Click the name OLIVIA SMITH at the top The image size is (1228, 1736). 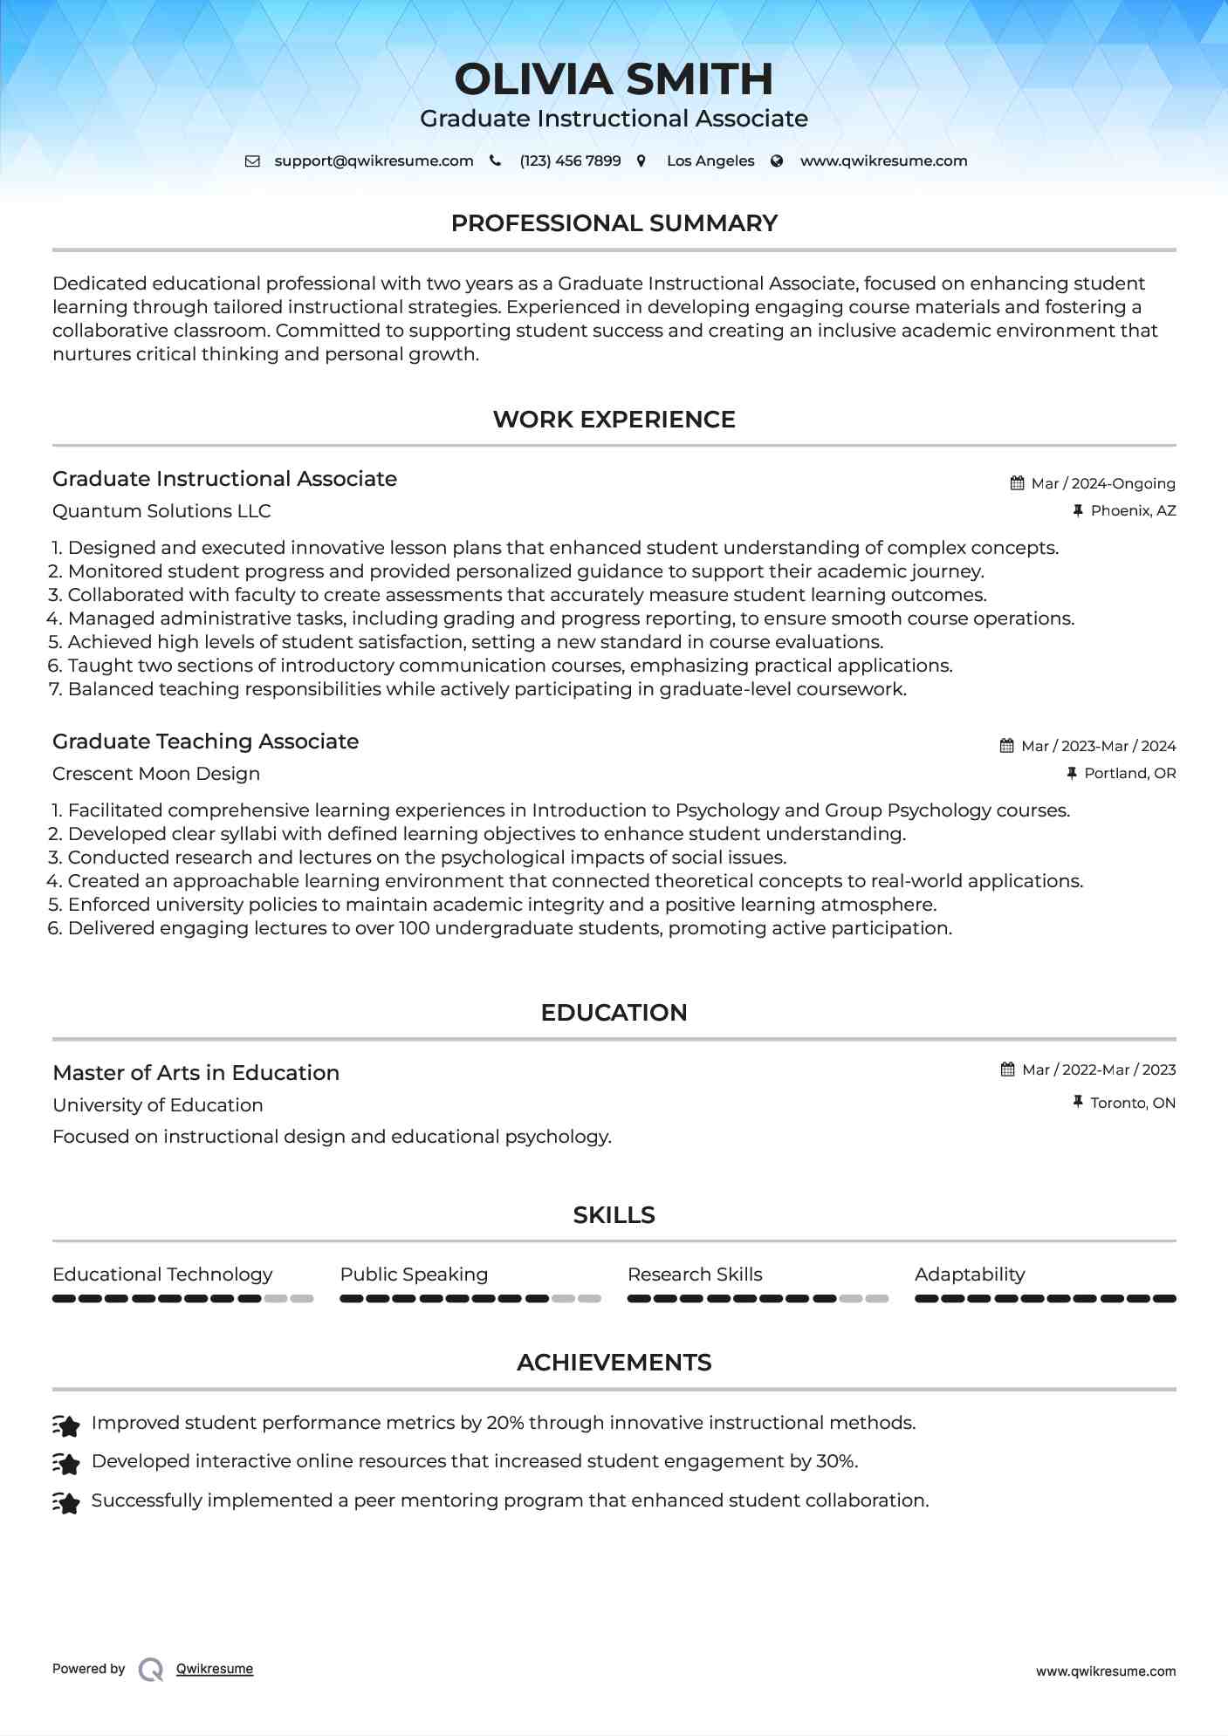(614, 79)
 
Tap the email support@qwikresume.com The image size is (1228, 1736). (374, 161)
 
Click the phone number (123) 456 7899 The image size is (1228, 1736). (570, 161)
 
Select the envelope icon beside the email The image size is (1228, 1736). (252, 161)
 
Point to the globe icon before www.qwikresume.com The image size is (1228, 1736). (777, 161)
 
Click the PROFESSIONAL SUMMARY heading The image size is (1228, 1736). (614, 223)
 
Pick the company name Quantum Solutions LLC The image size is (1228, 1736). (161, 511)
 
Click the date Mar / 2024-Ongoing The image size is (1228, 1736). (1103, 483)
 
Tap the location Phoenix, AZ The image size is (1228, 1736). (1133, 511)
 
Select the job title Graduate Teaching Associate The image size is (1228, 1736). (205, 742)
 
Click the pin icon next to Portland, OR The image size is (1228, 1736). (1072, 773)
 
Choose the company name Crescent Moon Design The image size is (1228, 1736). (156, 774)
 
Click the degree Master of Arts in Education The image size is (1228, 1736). (196, 1073)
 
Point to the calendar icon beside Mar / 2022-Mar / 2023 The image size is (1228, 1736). (1007, 1070)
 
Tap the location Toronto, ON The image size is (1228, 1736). (1133, 1104)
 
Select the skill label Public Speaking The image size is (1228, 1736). (414, 1275)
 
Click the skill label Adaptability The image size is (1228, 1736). (970, 1275)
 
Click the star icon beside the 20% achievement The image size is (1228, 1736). (66, 1425)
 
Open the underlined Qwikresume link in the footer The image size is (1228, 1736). (215, 1669)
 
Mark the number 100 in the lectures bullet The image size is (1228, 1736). (415, 928)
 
